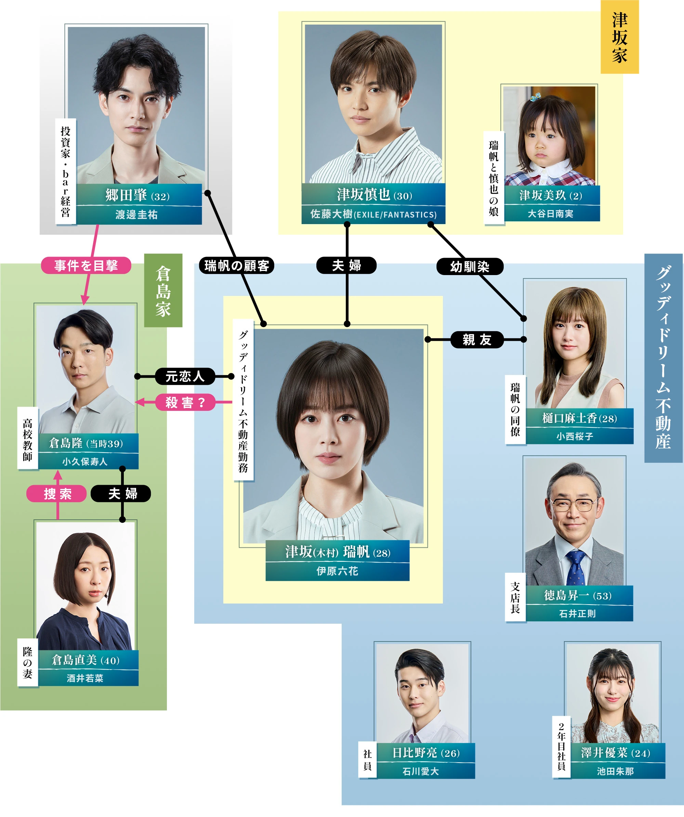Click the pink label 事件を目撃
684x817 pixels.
point(86,265)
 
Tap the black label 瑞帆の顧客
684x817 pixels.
point(236,265)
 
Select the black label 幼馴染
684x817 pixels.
point(470,267)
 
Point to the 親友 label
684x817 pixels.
point(477,340)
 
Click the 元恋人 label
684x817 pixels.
point(185,376)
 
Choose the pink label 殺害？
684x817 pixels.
point(185,402)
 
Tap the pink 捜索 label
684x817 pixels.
point(57,494)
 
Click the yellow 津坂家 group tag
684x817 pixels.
point(619,37)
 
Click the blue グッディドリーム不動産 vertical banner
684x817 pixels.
point(663,358)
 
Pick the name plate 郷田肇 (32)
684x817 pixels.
point(139,195)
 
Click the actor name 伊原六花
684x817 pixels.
point(337,571)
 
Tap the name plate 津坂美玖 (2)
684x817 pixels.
point(551,195)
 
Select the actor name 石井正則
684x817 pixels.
point(577,613)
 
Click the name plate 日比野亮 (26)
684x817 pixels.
point(426,753)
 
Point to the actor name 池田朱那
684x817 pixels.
point(615,771)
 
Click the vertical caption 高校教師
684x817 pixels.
point(28,439)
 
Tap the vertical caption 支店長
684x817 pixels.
point(515,598)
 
